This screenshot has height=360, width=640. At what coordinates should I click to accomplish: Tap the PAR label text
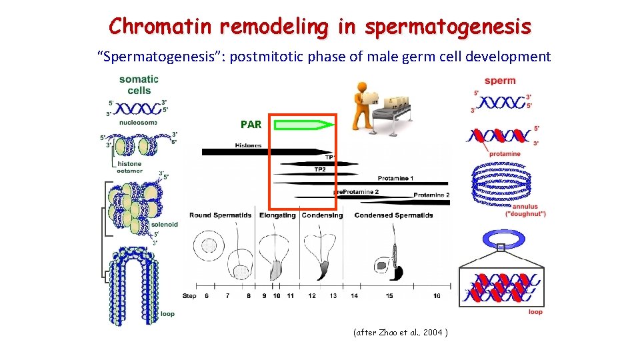click(251, 124)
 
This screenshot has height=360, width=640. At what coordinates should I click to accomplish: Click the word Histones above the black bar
click(248, 145)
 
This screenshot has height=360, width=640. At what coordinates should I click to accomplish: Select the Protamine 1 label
click(395, 178)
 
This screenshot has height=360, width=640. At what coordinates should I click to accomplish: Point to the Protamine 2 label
click(431, 195)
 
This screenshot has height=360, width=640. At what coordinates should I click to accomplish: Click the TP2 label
click(320, 169)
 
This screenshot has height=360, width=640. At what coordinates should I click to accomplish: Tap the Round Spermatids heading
click(220, 215)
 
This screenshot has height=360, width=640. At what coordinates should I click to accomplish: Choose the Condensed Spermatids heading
click(393, 215)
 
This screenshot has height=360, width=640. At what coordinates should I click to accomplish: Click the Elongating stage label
click(279, 215)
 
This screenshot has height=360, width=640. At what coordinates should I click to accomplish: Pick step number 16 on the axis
click(437, 295)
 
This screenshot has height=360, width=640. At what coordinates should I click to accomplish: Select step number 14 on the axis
click(354, 295)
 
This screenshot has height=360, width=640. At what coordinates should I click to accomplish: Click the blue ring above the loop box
click(499, 239)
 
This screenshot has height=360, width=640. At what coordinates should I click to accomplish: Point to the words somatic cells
click(139, 85)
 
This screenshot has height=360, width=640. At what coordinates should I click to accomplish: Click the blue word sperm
click(500, 81)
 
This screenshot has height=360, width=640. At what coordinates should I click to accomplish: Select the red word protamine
click(505, 154)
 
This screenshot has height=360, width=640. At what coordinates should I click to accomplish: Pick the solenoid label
click(164, 225)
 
